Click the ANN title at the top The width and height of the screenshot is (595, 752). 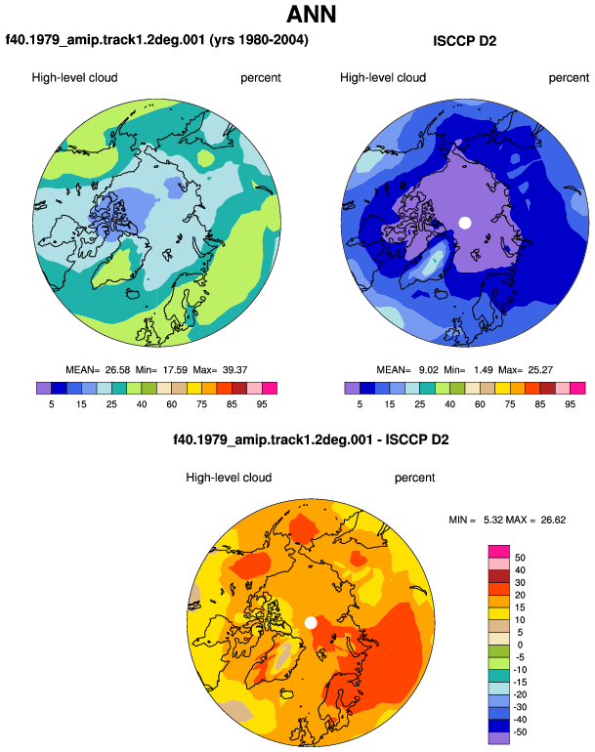pyautogui.click(x=311, y=14)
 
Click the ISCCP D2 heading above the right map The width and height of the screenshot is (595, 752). pyautogui.click(x=464, y=41)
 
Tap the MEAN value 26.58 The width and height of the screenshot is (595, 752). pyautogui.click(x=117, y=370)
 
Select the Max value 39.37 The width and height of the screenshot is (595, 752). pyautogui.click(x=235, y=370)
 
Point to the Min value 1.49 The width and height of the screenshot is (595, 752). pyautogui.click(x=484, y=370)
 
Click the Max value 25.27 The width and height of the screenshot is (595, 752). pyautogui.click(x=540, y=370)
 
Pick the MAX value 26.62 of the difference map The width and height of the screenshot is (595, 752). pyautogui.click(x=553, y=520)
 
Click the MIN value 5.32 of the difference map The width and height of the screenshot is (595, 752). pyautogui.click(x=493, y=520)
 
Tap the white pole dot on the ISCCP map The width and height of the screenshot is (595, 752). pyautogui.click(x=465, y=223)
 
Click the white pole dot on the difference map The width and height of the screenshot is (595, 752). pyautogui.click(x=311, y=622)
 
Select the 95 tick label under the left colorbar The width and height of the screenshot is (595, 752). pyautogui.click(x=262, y=404)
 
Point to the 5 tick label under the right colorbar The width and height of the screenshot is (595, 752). pyautogui.click(x=360, y=404)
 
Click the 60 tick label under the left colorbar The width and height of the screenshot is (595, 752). pyautogui.click(x=172, y=404)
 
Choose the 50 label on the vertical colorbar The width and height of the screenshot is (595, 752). pyautogui.click(x=520, y=558)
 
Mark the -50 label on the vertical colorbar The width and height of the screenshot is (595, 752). pyautogui.click(x=519, y=731)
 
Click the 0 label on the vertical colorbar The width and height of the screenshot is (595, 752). pyautogui.click(x=520, y=645)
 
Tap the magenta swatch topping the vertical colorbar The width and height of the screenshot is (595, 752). pyautogui.click(x=499, y=551)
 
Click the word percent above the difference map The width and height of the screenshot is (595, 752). pyautogui.click(x=414, y=478)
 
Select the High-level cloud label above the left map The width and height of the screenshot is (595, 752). pyautogui.click(x=75, y=78)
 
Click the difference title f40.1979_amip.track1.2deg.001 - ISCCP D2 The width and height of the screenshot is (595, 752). pyautogui.click(x=311, y=439)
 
